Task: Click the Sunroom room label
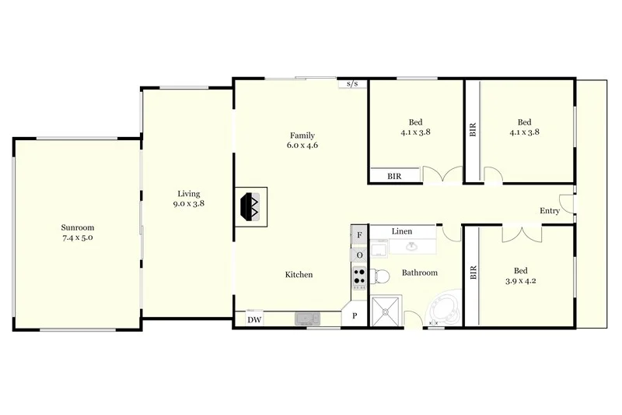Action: pyautogui.click(x=77, y=227)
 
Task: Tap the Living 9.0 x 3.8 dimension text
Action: pyautogui.click(x=188, y=205)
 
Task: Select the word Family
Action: pyautogui.click(x=302, y=135)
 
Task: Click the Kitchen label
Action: pyautogui.click(x=299, y=274)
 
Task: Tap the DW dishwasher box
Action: pyautogui.click(x=253, y=319)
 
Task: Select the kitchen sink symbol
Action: pyautogui.click(x=307, y=318)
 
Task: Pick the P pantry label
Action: pyautogui.click(x=355, y=316)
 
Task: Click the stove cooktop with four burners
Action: pyautogui.click(x=359, y=276)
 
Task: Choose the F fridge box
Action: pyautogui.click(x=359, y=234)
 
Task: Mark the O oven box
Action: pyautogui.click(x=359, y=255)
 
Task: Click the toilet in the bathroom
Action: pyautogui.click(x=379, y=276)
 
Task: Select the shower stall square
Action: pyautogui.click(x=386, y=311)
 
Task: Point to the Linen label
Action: pyautogui.click(x=402, y=231)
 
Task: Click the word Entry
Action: pyautogui.click(x=550, y=211)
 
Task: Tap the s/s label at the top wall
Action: pyautogui.click(x=352, y=83)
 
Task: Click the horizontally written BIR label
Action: pyautogui.click(x=395, y=177)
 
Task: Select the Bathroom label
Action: pyautogui.click(x=419, y=273)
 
